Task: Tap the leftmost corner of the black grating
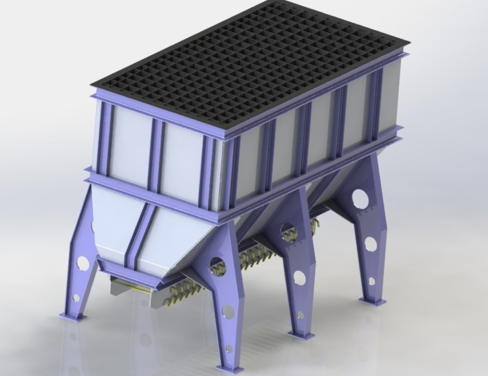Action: point(91,86)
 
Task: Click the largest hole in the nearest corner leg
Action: point(216,264)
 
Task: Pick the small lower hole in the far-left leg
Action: point(76,298)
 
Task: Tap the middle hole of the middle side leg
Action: point(298,277)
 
